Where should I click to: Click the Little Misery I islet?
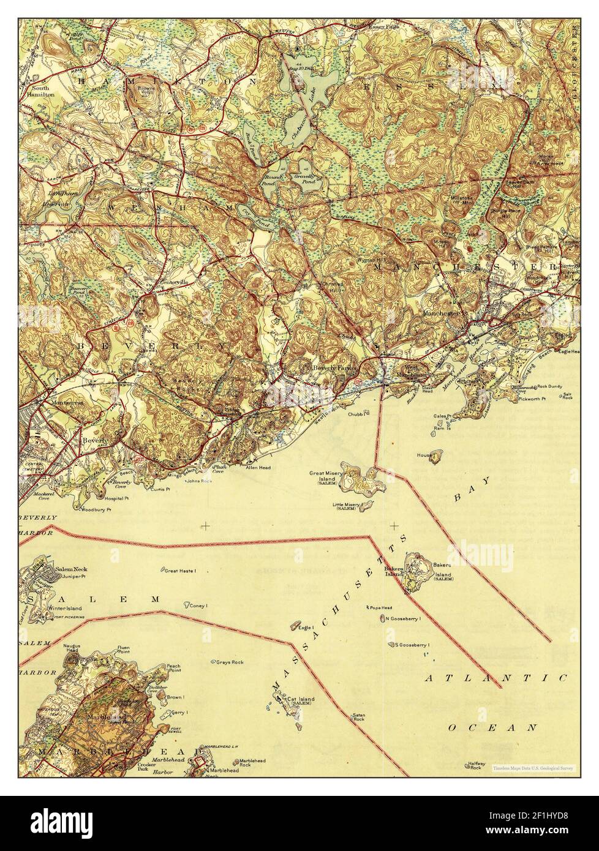pos(366,506)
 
